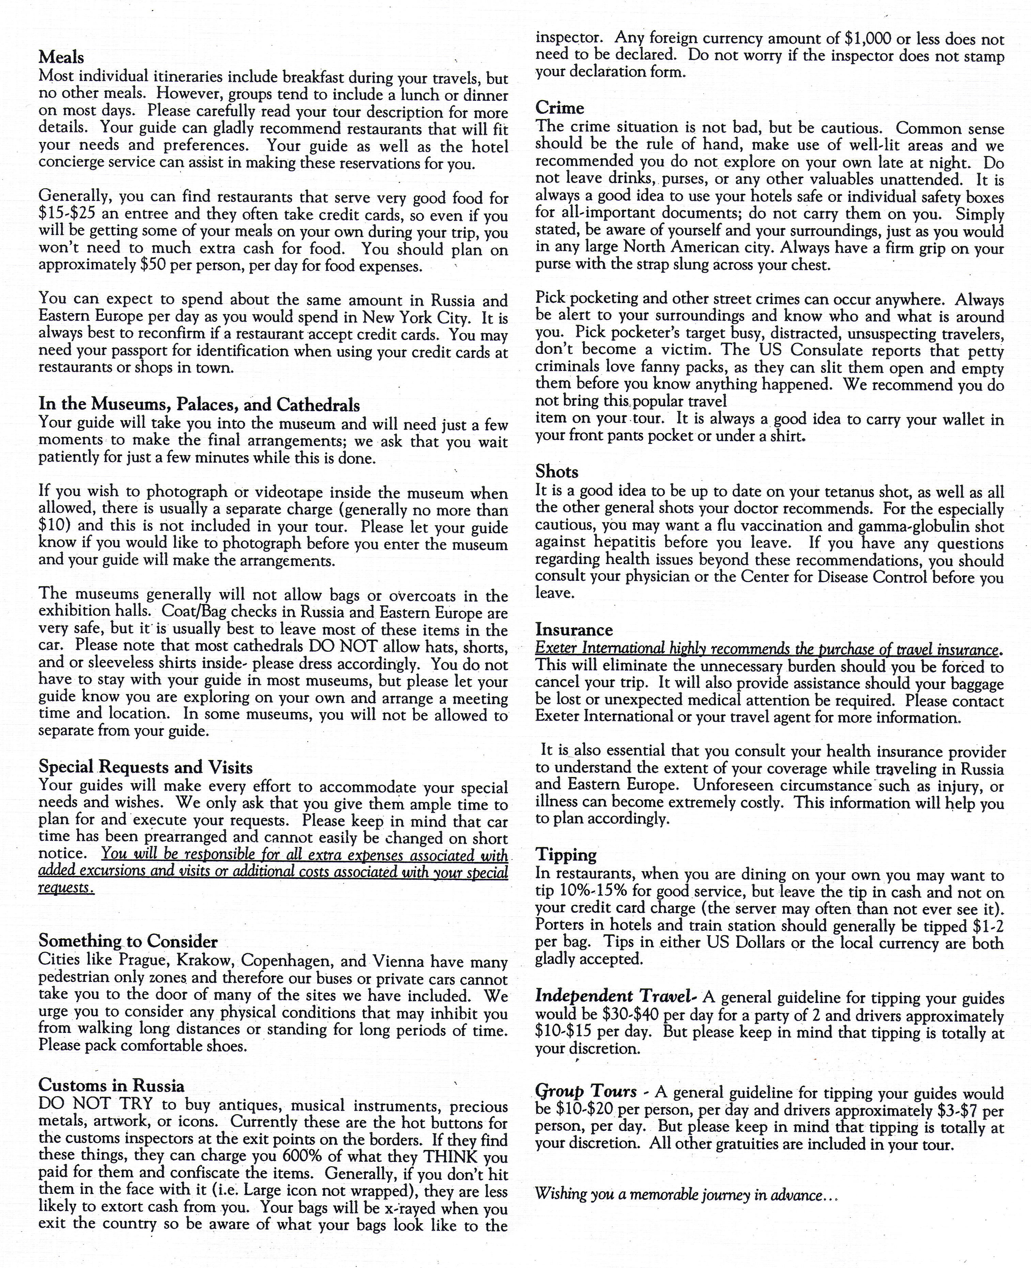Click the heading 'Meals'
[x=61, y=58]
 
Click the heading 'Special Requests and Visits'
[x=145, y=767]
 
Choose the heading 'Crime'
[x=559, y=108]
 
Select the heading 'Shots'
[x=556, y=471]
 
